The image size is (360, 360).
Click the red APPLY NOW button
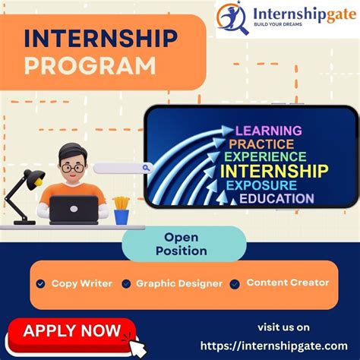point(72,330)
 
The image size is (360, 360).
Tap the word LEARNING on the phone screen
point(268,131)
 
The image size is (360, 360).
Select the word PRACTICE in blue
point(261,144)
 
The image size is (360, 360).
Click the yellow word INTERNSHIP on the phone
point(274,170)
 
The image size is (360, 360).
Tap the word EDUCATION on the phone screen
point(276,198)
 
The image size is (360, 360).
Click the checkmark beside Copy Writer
point(41,284)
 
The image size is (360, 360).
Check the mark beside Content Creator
point(235,284)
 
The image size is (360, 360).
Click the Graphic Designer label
point(179,283)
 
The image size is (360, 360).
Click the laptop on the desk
point(74,210)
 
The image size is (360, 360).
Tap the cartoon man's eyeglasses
point(73,167)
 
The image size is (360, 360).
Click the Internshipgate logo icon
point(232,17)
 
